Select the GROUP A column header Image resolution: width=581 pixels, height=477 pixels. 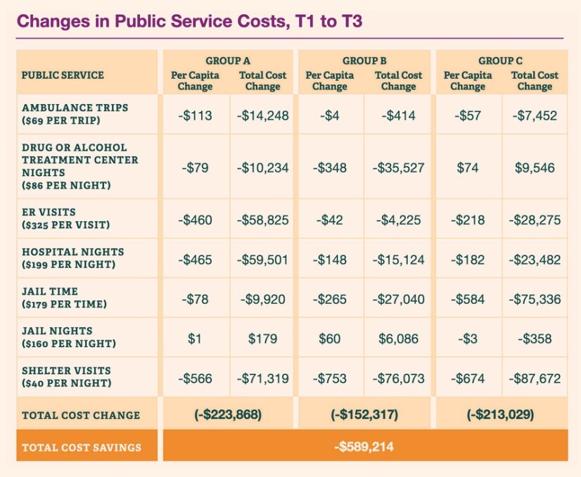pyautogui.click(x=228, y=61)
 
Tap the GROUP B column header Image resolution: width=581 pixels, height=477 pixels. pyautogui.click(x=364, y=61)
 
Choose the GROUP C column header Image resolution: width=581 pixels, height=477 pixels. pyautogui.click(x=501, y=61)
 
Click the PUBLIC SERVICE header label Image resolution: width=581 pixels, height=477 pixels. pyautogui.click(x=63, y=75)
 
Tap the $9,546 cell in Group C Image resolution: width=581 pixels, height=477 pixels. pyautogui.click(x=535, y=167)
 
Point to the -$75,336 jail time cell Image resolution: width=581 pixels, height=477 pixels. pyautogui.click(x=535, y=299)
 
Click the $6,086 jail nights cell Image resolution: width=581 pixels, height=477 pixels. pyautogui.click(x=398, y=339)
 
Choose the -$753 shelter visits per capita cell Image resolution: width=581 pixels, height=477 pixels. pyautogui.click(x=329, y=379)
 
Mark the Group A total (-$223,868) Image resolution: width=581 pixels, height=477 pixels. pyautogui.click(x=228, y=414)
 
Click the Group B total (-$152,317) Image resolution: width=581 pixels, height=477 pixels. pyautogui.click(x=364, y=414)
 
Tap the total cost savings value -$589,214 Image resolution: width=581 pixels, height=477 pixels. pyautogui.click(x=364, y=446)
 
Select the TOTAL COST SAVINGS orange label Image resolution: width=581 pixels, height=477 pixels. pyautogui.click(x=82, y=447)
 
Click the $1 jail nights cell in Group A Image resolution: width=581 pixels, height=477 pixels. pyautogui.click(x=195, y=339)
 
